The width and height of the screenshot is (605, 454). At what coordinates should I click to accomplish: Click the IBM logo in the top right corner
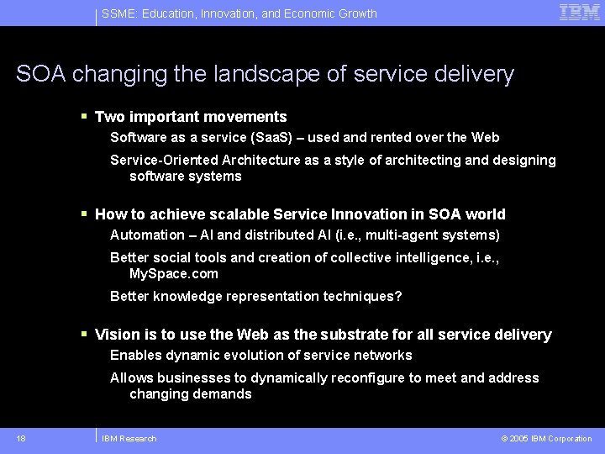tap(580, 13)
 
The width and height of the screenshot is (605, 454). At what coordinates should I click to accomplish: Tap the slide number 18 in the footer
tap(20, 438)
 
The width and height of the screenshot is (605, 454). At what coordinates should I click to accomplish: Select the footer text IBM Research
tap(129, 438)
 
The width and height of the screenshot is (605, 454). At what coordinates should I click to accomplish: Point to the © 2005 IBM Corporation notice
tap(546, 438)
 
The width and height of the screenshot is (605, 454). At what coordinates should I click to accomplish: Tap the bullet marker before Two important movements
tap(84, 117)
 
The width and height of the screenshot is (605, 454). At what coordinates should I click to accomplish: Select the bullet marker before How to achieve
tap(84, 214)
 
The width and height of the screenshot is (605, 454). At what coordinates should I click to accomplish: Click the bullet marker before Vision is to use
tap(84, 335)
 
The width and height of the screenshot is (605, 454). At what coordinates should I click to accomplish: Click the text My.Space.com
tap(173, 273)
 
